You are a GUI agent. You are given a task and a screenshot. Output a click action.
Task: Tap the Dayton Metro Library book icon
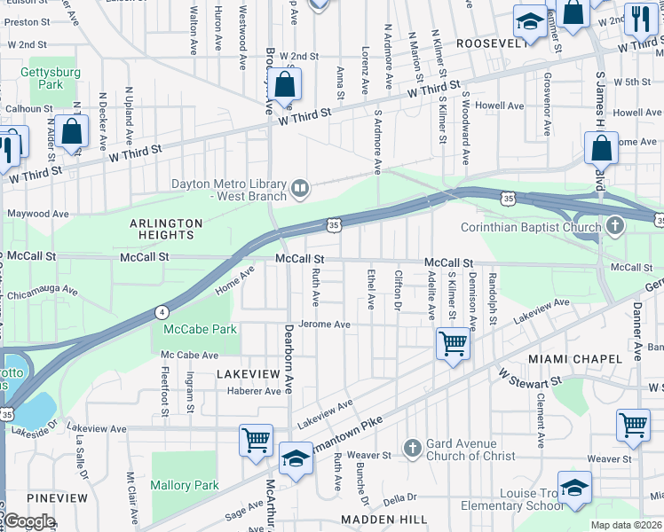pyautogui.click(x=300, y=187)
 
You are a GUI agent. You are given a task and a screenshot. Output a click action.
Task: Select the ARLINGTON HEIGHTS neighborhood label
pyautogui.click(x=166, y=229)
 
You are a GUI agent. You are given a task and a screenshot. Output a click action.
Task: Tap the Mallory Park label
pyautogui.click(x=184, y=485)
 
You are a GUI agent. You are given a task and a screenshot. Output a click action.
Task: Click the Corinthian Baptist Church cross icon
pyautogui.click(x=614, y=227)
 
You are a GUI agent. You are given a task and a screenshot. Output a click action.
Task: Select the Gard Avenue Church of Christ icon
pyautogui.click(x=410, y=448)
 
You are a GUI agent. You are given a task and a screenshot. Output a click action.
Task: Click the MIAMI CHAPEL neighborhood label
pyautogui.click(x=574, y=358)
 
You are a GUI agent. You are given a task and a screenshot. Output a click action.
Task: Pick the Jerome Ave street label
pyautogui.click(x=324, y=325)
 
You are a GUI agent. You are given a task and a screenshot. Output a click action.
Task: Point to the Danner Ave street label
pyautogui.click(x=636, y=331)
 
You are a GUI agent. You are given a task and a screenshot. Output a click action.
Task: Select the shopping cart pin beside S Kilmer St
pyautogui.click(x=453, y=342)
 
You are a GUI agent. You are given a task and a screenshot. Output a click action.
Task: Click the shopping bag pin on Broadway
pyautogui.click(x=284, y=86)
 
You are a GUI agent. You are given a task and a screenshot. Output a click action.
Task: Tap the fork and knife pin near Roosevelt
pyautogui.click(x=639, y=17)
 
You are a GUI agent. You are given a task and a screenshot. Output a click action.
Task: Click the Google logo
pyautogui.click(x=29, y=521)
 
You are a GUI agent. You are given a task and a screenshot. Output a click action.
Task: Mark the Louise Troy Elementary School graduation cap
pyautogui.click(x=574, y=488)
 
